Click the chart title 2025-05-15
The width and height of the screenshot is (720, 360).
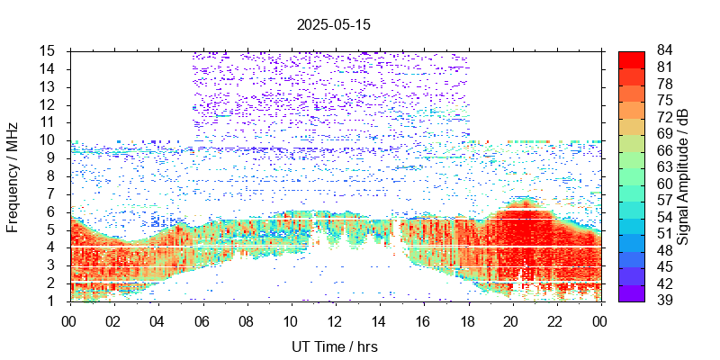(333, 25)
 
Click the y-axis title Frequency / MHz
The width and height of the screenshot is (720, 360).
(13, 176)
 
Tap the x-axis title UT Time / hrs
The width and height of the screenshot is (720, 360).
(335, 346)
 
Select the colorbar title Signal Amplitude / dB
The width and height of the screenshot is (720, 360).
(684, 176)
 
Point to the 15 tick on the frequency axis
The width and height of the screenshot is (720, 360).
(49, 50)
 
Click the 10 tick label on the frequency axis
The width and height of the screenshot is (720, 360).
(49, 139)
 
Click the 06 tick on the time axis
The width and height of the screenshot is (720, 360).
(202, 319)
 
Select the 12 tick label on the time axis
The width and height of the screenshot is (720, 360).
(335, 319)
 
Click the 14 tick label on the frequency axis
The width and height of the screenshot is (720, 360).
(49, 68)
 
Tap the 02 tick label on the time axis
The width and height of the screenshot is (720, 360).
(113, 319)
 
